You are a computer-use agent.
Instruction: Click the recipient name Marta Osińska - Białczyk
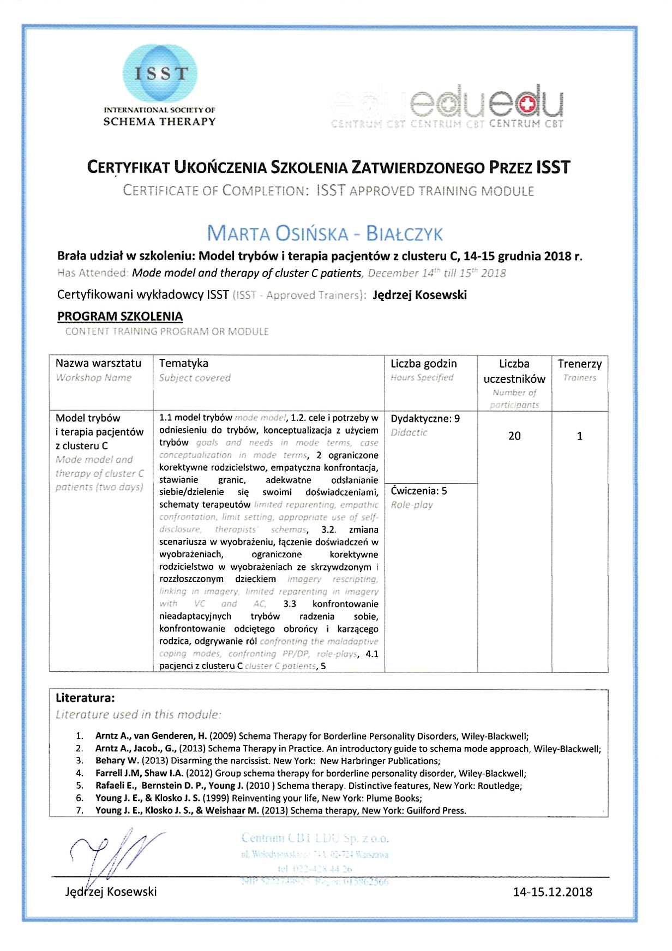click(x=325, y=233)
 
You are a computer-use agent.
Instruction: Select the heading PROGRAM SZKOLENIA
click(x=120, y=316)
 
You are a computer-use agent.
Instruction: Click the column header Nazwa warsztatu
click(x=98, y=363)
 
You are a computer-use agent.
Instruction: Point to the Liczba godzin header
click(x=424, y=363)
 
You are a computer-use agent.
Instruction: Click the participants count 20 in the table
click(x=514, y=436)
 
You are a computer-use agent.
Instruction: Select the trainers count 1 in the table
click(x=580, y=436)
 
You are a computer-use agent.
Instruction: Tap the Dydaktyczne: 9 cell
click(x=425, y=419)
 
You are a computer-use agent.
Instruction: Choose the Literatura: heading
click(x=86, y=697)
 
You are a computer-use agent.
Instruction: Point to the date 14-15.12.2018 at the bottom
click(x=553, y=892)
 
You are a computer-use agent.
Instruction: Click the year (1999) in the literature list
click(x=215, y=798)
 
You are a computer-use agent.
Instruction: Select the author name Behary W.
click(x=118, y=761)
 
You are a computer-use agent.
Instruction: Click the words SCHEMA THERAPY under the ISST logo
click(x=160, y=122)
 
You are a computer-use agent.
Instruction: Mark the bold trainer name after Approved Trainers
click(x=419, y=295)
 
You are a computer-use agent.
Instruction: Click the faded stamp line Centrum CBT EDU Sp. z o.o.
click(x=315, y=838)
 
